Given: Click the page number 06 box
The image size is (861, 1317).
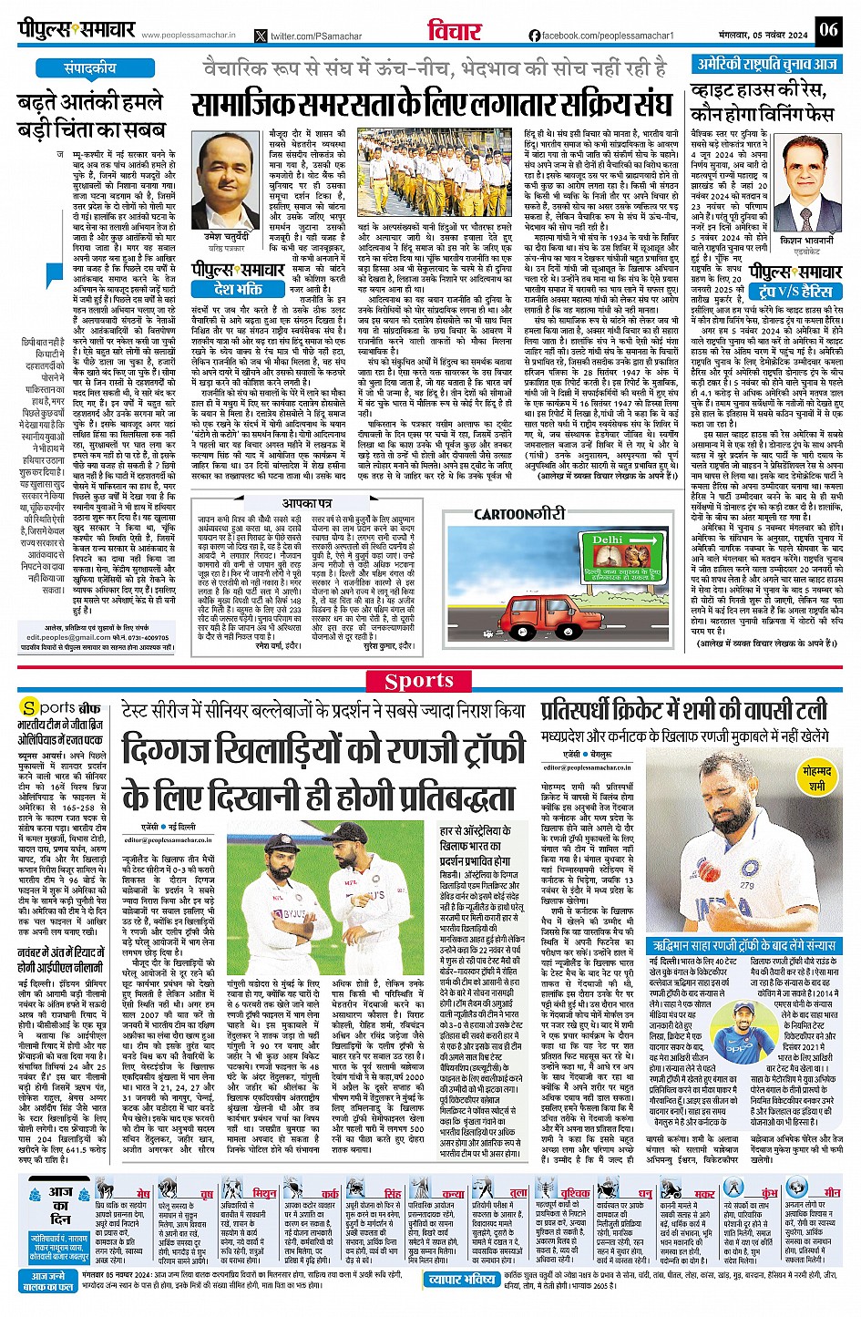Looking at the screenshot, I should (x=827, y=29).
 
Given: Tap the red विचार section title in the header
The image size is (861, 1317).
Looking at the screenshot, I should (x=454, y=30).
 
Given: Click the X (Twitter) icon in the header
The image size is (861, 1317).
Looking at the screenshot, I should (x=261, y=36).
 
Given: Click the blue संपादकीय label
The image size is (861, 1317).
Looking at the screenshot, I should (x=90, y=68).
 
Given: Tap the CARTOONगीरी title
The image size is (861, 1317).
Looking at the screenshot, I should (x=518, y=515).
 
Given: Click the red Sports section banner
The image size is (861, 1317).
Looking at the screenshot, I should (x=419, y=680).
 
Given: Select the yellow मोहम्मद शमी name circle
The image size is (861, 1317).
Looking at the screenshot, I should (x=816, y=777).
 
